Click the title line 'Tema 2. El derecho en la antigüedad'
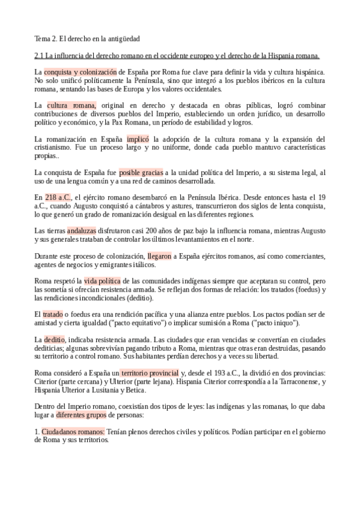pos(87,39)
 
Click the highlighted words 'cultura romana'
pos(71,105)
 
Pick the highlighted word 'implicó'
pos(138,139)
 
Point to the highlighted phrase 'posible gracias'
pos(141,173)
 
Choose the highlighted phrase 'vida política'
pos(102,281)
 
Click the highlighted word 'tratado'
pos(53,315)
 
